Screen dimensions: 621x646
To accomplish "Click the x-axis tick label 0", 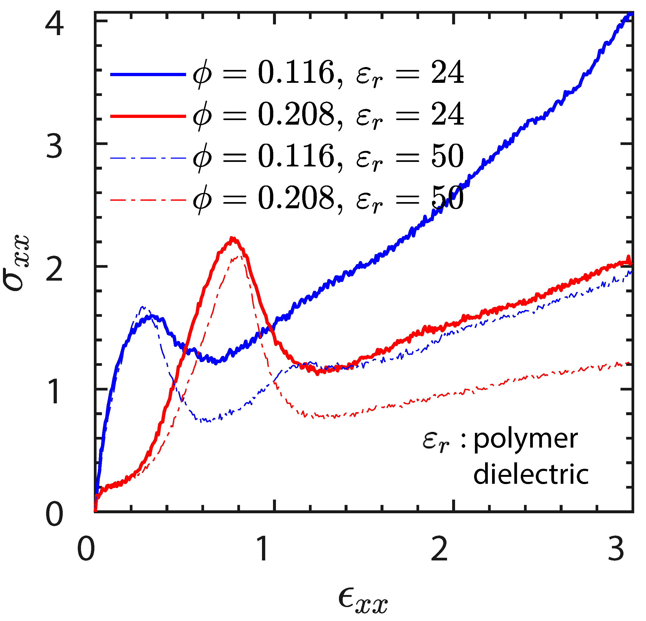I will click(86, 549).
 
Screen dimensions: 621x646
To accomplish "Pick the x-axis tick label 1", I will click(263, 549).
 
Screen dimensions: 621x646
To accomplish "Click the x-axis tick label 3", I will click(616, 549).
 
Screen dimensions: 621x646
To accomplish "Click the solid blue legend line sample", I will click(148, 75).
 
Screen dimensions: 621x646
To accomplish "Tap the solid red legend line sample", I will click(148, 116).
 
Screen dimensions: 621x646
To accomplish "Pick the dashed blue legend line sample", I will click(148, 158).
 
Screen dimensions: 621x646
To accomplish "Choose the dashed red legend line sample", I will click(148, 200).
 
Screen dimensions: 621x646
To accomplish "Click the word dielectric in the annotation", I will click(531, 475).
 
